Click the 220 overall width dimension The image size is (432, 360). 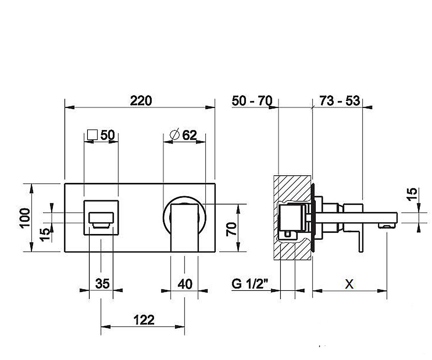pyautogui.click(x=141, y=101)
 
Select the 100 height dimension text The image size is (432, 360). pyautogui.click(x=24, y=218)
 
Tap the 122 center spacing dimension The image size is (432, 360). pyautogui.click(x=144, y=320)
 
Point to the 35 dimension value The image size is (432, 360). pyautogui.click(x=102, y=284)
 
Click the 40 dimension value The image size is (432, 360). pyautogui.click(x=185, y=284)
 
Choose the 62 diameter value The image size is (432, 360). pyautogui.click(x=189, y=135)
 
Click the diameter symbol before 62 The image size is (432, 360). pyautogui.click(x=174, y=135)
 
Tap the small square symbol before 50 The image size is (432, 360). pyautogui.click(x=92, y=135)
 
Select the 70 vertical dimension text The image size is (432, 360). pyautogui.click(x=231, y=229)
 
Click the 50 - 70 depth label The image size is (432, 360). pyautogui.click(x=252, y=101)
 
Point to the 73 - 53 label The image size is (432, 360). pyautogui.click(x=340, y=101)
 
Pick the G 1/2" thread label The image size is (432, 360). pyautogui.click(x=250, y=284)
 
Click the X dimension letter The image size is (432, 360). pyautogui.click(x=350, y=284)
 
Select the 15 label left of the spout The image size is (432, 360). pyautogui.click(x=45, y=235)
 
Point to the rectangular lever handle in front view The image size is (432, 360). pyautogui.click(x=184, y=228)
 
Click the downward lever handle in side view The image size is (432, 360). pyautogui.click(x=361, y=242)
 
